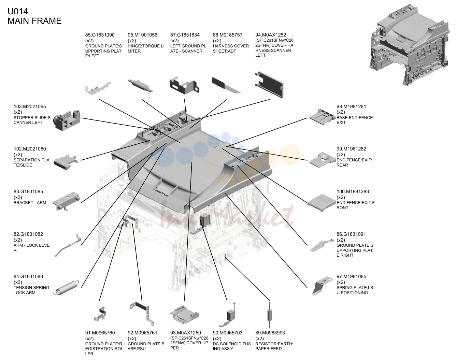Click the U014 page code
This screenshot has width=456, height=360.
(x=18, y=11)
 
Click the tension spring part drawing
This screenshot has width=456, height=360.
(x=66, y=288)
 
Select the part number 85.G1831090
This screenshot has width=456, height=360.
(x=100, y=35)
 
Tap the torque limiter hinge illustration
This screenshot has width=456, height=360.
(x=140, y=86)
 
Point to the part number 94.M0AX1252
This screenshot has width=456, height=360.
(x=271, y=35)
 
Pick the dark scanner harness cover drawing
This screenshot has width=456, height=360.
(x=269, y=85)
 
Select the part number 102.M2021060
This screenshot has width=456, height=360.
(x=30, y=149)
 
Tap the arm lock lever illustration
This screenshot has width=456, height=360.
(x=68, y=245)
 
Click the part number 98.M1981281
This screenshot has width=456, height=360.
(x=351, y=106)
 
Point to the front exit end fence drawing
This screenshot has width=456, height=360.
(x=322, y=203)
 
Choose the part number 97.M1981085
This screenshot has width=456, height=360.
(x=351, y=276)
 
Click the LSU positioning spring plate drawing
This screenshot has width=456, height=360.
(x=322, y=286)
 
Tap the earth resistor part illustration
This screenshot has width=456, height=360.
(x=270, y=315)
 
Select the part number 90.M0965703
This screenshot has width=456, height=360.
(x=228, y=333)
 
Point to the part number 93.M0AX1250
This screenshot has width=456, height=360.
(x=186, y=333)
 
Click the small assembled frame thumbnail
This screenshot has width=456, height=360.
(x=409, y=44)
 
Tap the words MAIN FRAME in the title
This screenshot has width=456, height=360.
(x=34, y=21)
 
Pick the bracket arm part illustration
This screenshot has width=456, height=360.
(x=66, y=201)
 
